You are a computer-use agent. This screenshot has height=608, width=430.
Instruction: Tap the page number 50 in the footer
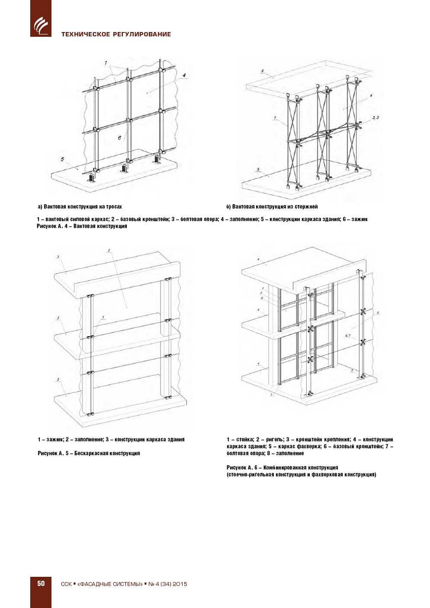[41, 583]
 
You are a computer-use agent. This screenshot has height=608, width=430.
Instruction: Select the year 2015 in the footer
[179, 584]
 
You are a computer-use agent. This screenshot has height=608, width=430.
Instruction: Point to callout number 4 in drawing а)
[184, 76]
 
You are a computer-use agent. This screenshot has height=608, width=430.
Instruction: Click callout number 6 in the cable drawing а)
[119, 138]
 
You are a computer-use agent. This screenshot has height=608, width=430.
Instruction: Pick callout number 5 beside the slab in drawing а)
[62, 159]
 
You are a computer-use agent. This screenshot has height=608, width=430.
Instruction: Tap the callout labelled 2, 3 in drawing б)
[375, 118]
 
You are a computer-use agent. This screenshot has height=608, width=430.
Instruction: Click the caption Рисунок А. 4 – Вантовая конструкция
[82, 227]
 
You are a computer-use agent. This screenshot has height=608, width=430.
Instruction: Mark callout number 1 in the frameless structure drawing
[103, 317]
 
